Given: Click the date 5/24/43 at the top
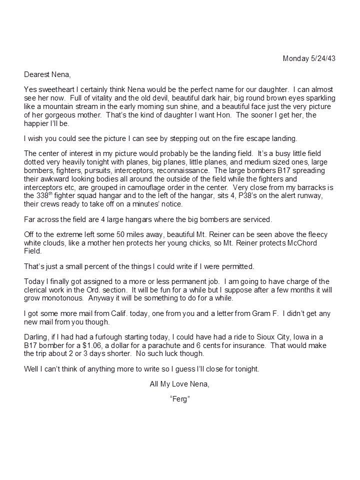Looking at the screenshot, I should point(323,58).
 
